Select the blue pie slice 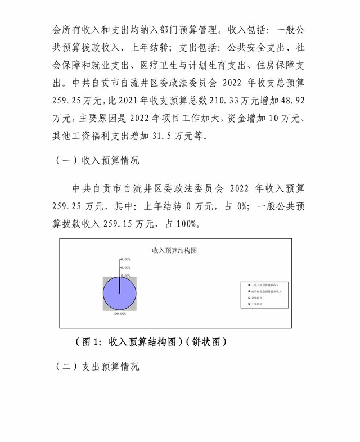[x=119, y=294]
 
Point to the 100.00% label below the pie [x=119, y=313]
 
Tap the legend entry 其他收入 [x=258, y=298]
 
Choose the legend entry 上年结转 [x=258, y=304]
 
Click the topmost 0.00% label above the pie [x=125, y=259]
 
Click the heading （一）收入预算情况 [x=96, y=160]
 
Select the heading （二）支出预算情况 [x=96, y=366]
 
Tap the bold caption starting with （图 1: [x=151, y=341]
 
